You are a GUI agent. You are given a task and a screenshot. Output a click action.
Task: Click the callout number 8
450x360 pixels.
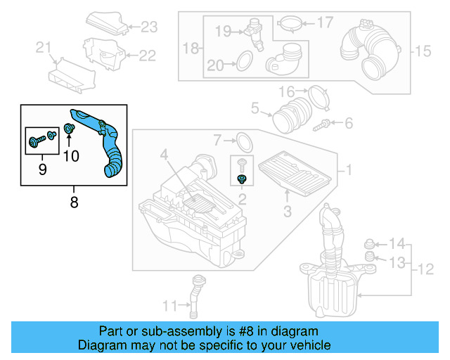click(x=74, y=202)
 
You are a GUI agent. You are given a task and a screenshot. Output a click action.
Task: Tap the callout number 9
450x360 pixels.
click(x=41, y=169)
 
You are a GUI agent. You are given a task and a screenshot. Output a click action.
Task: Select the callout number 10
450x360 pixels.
click(x=71, y=156)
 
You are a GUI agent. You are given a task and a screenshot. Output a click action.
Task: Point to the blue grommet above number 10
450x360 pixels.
click(x=70, y=129)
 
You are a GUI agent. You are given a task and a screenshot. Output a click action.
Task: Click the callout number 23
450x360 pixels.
click(x=149, y=27)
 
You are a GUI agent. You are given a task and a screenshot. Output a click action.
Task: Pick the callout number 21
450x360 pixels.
click(x=44, y=48)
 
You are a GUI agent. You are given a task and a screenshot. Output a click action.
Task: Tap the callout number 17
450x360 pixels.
click(x=324, y=23)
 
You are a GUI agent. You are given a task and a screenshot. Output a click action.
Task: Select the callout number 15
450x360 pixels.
click(x=422, y=51)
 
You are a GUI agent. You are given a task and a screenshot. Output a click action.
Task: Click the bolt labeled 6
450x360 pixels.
click(x=325, y=124)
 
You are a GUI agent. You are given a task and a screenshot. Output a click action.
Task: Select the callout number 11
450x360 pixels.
click(x=169, y=305)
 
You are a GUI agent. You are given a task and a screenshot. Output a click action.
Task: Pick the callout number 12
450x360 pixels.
click(x=425, y=269)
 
